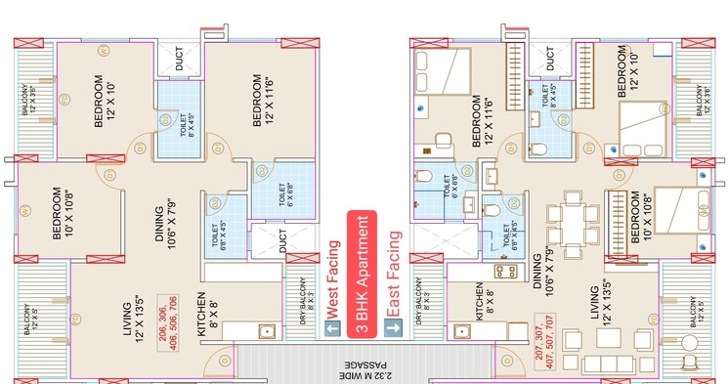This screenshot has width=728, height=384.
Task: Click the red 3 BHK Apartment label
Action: click(x=362, y=275)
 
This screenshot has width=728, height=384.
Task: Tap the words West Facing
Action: click(x=332, y=280)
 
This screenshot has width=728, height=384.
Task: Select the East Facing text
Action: click(x=394, y=275)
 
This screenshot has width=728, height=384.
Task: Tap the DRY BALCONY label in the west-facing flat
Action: click(x=305, y=304)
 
